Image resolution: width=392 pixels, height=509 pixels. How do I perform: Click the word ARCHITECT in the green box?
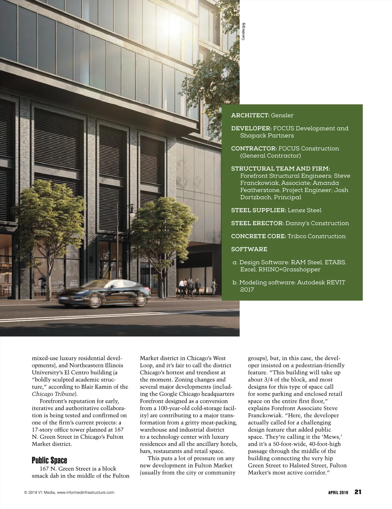250,115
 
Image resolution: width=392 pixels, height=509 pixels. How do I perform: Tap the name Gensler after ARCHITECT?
282,115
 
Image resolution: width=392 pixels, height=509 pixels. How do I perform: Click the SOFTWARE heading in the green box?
249,249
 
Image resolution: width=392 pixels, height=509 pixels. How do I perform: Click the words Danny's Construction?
317,223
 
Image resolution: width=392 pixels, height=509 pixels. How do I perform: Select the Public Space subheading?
49,461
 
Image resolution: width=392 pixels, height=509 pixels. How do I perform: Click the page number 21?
358,492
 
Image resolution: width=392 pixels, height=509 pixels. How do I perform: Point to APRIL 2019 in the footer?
338,493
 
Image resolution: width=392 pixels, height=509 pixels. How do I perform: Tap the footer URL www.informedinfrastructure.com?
86,493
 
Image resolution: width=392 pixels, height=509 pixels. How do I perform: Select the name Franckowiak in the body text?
265,416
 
